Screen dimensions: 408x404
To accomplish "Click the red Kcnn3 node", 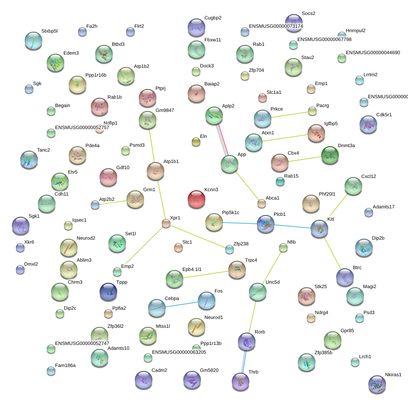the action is click(x=197, y=199).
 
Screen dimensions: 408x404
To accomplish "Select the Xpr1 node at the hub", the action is click(x=166, y=223).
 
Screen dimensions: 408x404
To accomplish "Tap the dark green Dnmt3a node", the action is click(x=330, y=156).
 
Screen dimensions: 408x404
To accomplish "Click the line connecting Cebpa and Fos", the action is click(x=182, y=304).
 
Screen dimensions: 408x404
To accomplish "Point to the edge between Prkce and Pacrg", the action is click(x=289, y=115).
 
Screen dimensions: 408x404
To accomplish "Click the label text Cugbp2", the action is click(x=213, y=18).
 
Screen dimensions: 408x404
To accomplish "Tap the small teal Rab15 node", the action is click(x=280, y=182).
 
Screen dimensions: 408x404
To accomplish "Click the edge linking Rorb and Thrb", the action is click(x=244, y=362).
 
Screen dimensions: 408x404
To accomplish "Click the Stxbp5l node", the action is click(x=33, y=41).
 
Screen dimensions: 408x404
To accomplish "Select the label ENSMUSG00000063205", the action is click(x=179, y=352).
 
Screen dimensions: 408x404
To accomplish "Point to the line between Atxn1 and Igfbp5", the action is click(x=285, y=138).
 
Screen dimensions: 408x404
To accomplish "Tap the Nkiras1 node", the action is click(x=377, y=384).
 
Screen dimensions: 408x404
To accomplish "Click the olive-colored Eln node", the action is click(x=196, y=142).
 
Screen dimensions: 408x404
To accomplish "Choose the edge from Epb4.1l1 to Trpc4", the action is click(x=206, y=274).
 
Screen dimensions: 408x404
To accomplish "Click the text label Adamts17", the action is click(x=383, y=207).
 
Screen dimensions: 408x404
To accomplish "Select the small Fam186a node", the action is click(x=51, y=371).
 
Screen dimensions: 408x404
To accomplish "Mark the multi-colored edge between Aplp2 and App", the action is click(x=222, y=140).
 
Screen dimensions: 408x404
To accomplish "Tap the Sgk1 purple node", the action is click(x=21, y=226).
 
